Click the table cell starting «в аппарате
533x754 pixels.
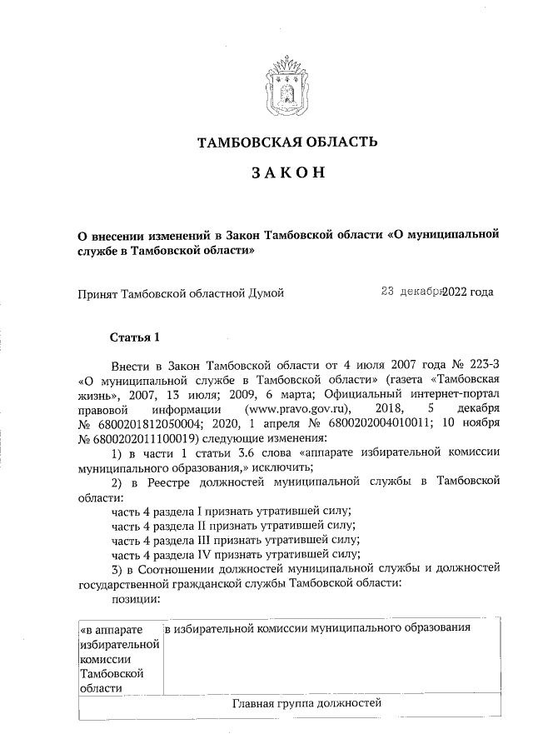click(x=117, y=658)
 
